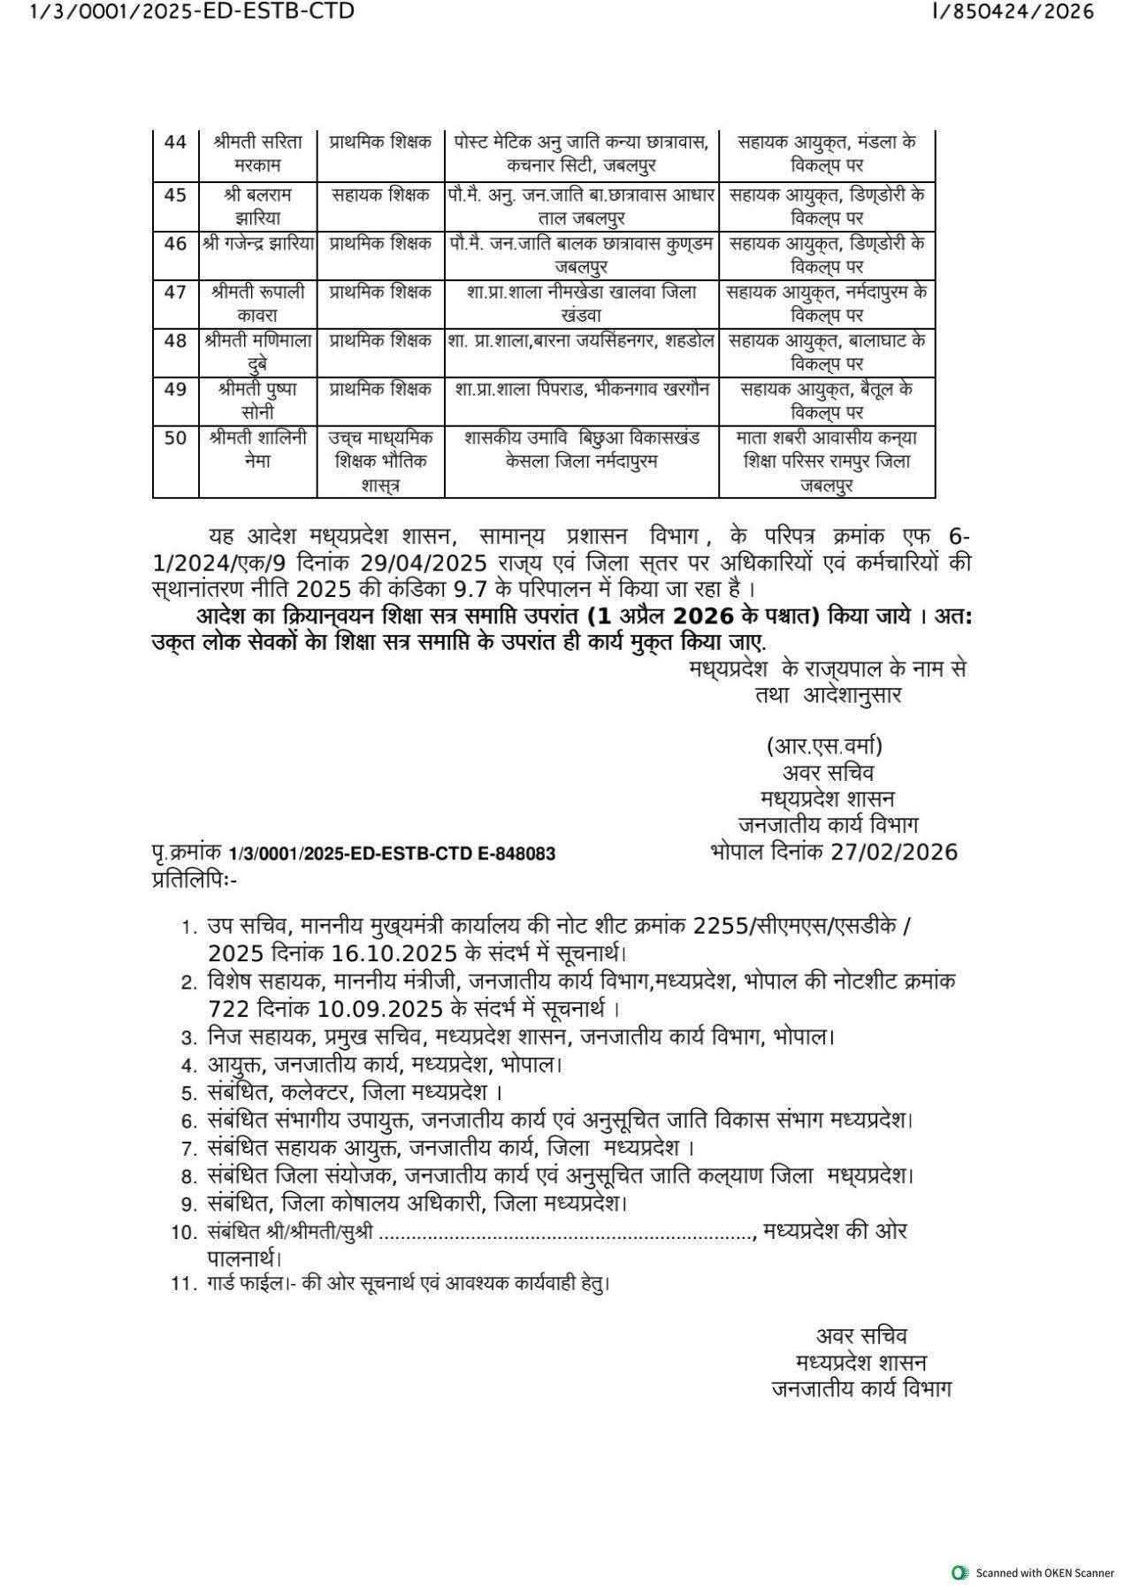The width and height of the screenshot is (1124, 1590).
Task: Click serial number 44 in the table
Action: click(175, 142)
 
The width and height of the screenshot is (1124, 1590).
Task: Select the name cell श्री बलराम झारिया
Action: click(257, 206)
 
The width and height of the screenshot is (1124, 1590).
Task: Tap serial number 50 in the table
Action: click(175, 438)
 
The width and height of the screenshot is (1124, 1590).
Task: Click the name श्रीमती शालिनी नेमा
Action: click(257, 449)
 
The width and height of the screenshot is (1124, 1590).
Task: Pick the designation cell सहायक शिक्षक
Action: click(380, 195)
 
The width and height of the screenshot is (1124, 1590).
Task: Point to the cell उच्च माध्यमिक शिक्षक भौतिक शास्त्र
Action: click(380, 461)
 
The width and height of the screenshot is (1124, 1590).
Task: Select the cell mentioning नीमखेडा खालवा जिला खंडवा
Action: click(581, 302)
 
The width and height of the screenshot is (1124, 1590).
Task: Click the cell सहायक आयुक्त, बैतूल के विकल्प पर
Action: click(827, 400)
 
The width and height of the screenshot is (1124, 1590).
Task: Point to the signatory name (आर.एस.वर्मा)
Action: click(824, 745)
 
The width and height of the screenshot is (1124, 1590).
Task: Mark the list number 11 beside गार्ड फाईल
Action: click(182, 1283)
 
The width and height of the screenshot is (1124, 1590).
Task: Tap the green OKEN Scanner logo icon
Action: click(959, 1572)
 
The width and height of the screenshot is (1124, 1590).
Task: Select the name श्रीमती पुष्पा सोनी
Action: click(257, 400)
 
